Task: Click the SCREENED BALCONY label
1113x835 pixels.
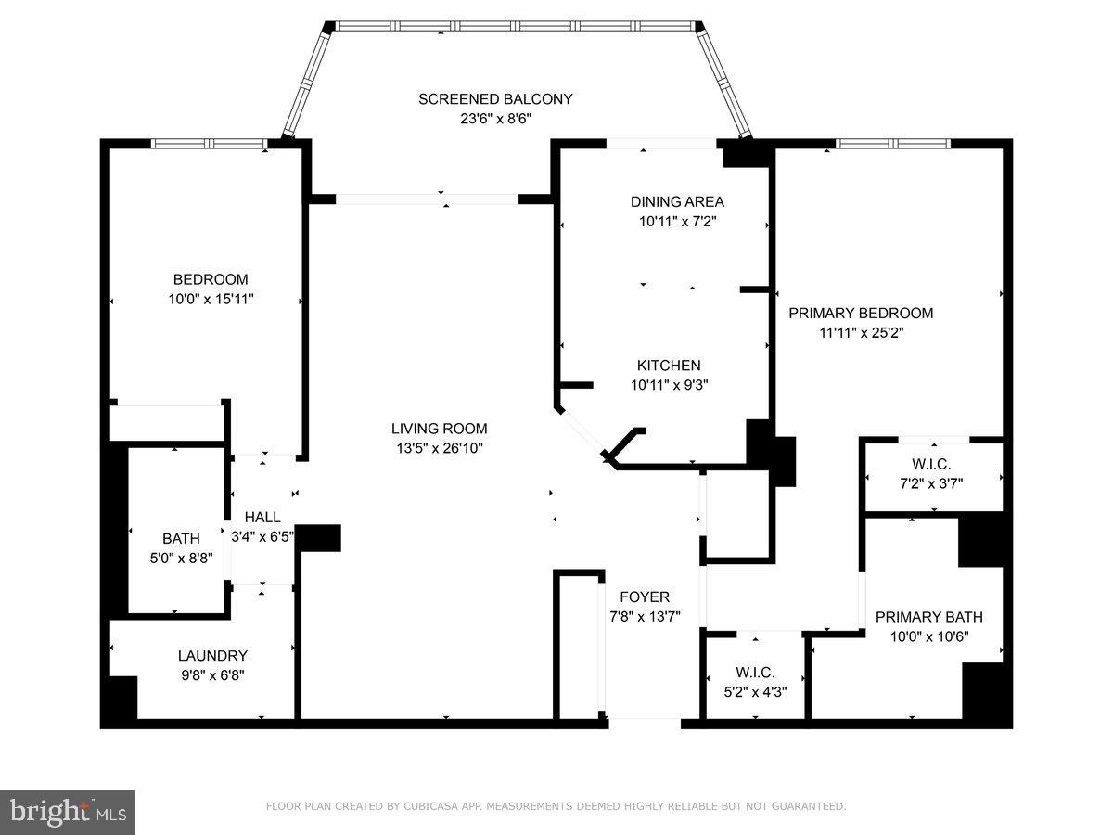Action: point(495,99)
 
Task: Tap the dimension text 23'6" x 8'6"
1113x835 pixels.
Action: point(495,119)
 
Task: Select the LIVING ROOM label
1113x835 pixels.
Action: point(439,429)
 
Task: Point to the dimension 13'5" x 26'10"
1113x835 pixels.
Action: point(439,448)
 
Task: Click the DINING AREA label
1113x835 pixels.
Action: point(677,201)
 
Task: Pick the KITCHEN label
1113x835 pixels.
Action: point(668,366)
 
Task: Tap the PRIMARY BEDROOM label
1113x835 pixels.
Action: point(861,313)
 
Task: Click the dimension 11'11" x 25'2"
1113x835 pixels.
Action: point(861,332)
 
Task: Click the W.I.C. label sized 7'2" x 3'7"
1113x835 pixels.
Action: point(930,463)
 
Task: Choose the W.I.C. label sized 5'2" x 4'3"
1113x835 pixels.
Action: point(755,673)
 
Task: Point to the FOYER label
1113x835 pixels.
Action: point(645,597)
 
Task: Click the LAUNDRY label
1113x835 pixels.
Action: point(212,655)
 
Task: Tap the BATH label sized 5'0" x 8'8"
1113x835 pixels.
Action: point(181,538)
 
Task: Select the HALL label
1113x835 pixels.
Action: point(262,517)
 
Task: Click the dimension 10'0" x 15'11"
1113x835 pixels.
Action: point(211,299)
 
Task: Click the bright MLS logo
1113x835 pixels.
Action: point(68,812)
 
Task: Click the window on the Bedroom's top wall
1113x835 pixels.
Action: point(209,144)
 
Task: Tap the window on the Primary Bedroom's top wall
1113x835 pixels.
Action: point(892,144)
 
